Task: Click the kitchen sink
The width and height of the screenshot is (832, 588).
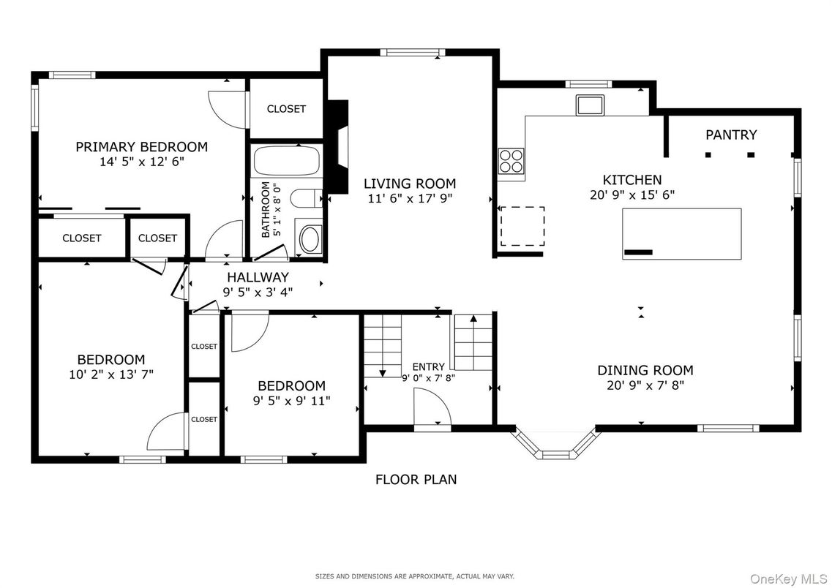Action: point(590,105)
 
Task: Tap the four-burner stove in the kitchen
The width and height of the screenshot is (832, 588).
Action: point(511,161)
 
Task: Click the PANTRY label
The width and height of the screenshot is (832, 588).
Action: point(730,135)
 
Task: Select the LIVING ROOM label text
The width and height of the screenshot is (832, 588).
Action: point(410,184)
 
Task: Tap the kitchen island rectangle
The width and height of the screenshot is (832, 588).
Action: point(681,233)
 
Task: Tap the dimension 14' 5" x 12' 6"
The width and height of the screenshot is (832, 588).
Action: point(142,161)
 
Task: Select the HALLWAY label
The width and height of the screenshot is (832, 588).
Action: point(258,277)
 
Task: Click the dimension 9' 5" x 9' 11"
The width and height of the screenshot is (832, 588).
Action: point(291,400)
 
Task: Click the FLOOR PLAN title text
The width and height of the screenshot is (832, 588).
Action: point(416,480)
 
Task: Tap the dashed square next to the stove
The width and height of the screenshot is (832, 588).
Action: point(522,226)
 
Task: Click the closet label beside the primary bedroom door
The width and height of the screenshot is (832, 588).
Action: point(286,109)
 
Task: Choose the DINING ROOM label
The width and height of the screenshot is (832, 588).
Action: point(645,370)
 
